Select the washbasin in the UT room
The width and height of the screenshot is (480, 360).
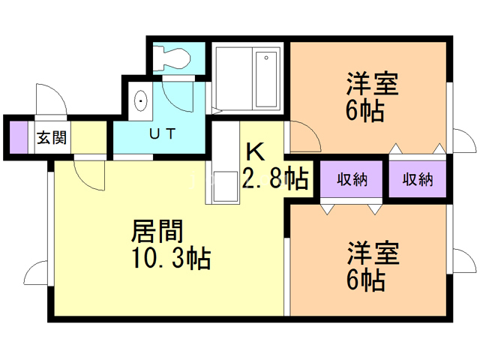pos(140,100)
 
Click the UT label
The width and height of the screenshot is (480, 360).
pos(162,135)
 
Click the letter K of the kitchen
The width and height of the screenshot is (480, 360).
pos(254,153)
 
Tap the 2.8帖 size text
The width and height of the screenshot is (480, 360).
pos(275,178)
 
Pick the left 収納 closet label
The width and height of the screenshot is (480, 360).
pos(352,179)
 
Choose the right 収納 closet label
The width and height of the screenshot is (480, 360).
pos(418,179)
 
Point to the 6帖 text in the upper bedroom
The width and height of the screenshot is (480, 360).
pos(365,111)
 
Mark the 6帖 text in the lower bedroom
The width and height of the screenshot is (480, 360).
pos(365,280)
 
